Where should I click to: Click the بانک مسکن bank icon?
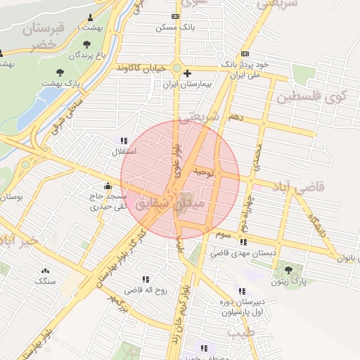pyautogui.click(x=175, y=17)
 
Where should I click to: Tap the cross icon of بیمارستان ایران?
pyautogui.click(x=187, y=73)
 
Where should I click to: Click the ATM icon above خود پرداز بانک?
pyautogui.click(x=245, y=53)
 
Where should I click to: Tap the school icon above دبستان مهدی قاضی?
pyautogui.click(x=243, y=243)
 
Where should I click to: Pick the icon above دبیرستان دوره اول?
pyautogui.click(x=242, y=291)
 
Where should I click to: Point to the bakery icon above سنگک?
pyautogui.click(x=46, y=271)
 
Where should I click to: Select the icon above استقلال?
pyautogui.click(x=124, y=141)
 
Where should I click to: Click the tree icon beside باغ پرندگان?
pyautogui.click(x=86, y=44)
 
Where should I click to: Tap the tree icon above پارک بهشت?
pyautogui.click(x=60, y=72)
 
